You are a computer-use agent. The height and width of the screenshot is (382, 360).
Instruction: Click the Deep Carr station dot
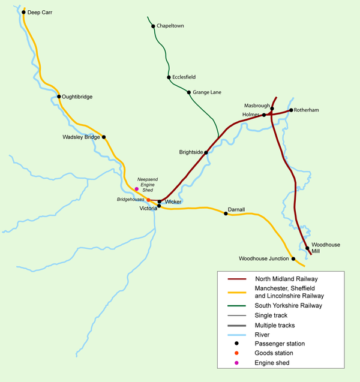click(x=23, y=12)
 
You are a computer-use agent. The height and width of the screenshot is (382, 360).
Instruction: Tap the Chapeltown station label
click(x=170, y=26)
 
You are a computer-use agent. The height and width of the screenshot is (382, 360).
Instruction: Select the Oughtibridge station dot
click(x=58, y=96)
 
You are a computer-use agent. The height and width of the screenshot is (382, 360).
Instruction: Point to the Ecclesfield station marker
click(x=169, y=77)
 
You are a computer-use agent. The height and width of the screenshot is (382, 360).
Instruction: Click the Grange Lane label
click(x=207, y=92)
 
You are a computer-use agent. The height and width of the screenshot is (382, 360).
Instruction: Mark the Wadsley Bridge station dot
click(x=104, y=137)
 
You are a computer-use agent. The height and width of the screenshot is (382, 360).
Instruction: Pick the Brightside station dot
click(x=206, y=152)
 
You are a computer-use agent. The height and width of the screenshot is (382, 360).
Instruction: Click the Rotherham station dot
click(x=290, y=110)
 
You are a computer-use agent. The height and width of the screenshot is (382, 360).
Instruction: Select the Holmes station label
click(x=250, y=115)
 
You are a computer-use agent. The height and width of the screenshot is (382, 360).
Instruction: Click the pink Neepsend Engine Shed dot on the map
click(x=136, y=189)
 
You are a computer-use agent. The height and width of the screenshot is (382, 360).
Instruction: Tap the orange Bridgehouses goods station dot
click(x=148, y=200)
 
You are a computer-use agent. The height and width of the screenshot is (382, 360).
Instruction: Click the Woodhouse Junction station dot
click(x=293, y=259)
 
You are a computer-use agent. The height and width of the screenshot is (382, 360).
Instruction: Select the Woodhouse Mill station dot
click(x=307, y=248)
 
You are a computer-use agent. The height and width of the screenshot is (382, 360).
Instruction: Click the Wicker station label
click(x=173, y=202)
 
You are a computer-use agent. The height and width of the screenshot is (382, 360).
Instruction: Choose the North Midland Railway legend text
click(x=286, y=279)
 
